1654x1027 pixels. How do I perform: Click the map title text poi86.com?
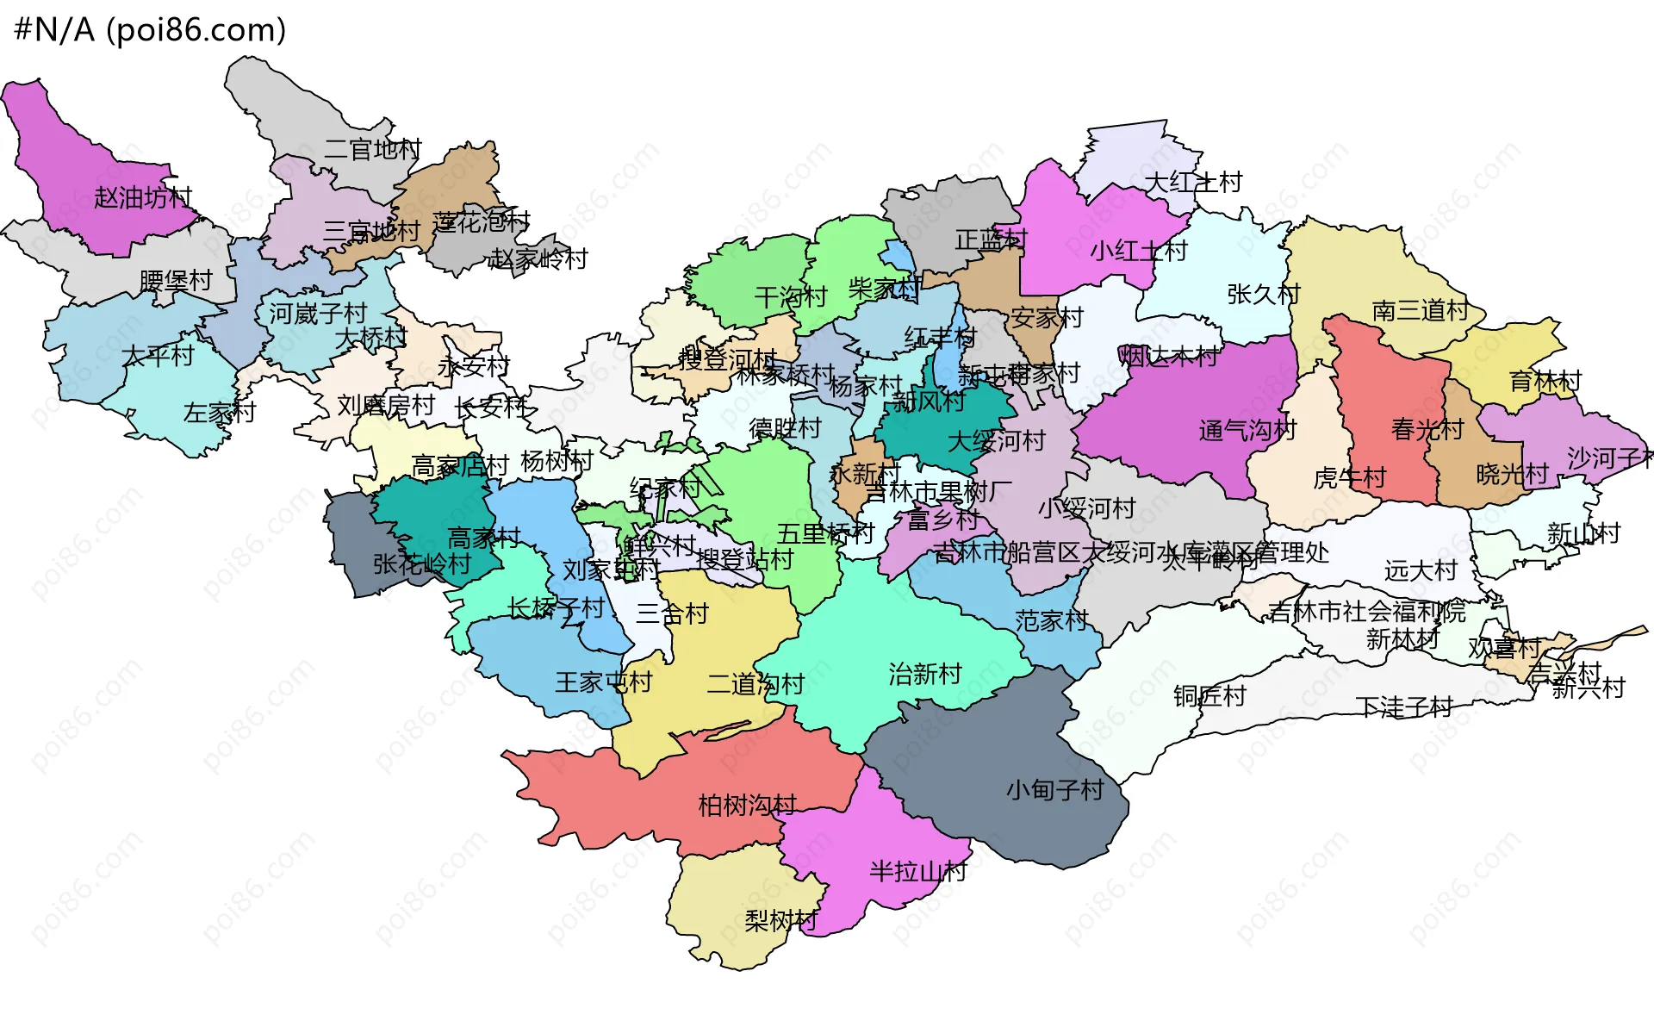point(196,30)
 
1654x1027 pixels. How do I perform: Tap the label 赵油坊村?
point(143,198)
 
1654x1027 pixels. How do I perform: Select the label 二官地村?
point(372,150)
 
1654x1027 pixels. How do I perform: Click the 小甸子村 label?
point(1054,789)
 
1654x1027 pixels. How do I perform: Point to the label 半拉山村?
point(918,871)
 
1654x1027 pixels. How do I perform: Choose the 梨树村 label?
point(780,921)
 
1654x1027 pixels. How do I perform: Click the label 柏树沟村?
point(747,806)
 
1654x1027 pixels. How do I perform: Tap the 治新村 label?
point(924,674)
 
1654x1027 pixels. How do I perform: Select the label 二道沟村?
point(755,684)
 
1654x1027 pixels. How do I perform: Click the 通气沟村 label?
point(1247,430)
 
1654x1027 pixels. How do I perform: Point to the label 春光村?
point(1427,429)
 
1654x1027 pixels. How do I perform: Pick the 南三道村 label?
point(1420,310)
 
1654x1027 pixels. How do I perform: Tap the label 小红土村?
point(1139,251)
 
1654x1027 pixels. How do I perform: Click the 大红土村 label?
point(1193,182)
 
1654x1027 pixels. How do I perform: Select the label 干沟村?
point(791,297)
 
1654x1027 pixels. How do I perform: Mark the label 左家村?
point(220,413)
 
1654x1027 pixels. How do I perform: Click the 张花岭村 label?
point(422,564)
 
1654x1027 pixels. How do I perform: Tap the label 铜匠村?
point(1209,696)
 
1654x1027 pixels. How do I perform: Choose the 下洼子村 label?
point(1404,707)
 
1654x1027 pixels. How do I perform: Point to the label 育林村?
point(1545,380)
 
